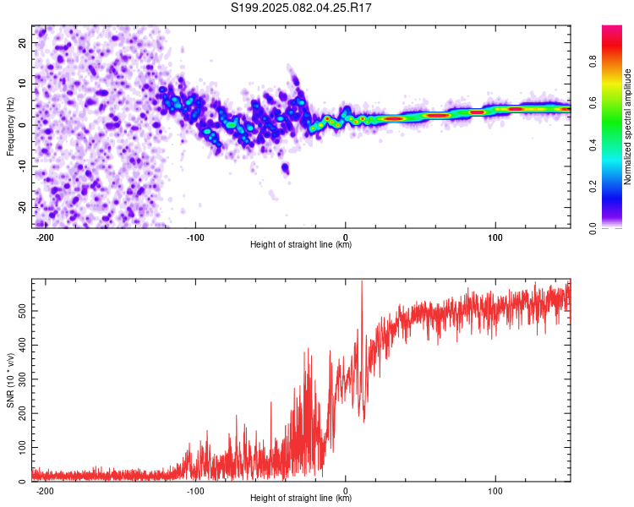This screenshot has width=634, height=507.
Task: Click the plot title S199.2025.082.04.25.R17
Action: (x=301, y=8)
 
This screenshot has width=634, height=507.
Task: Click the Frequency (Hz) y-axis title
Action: (x=10, y=127)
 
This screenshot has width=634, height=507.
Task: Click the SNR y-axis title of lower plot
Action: (x=10, y=380)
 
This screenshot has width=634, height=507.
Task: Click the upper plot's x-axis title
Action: (x=301, y=244)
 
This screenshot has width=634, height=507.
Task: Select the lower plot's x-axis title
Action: (x=301, y=498)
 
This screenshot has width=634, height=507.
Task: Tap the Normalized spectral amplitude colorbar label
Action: (x=627, y=127)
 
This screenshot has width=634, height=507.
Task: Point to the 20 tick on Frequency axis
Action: (x=23, y=42)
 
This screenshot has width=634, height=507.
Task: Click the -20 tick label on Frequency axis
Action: (x=23, y=207)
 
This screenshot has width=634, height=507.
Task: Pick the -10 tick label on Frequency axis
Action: (x=23, y=166)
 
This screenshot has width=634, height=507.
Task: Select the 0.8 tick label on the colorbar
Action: (x=593, y=62)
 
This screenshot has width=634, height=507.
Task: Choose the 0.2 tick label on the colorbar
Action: (x=593, y=187)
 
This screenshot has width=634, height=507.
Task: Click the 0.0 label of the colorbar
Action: (x=593, y=228)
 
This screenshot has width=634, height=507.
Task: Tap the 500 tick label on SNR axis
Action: (x=23, y=311)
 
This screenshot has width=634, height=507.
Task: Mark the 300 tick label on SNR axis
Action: (x=23, y=379)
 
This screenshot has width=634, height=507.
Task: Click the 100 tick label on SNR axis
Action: (x=23, y=448)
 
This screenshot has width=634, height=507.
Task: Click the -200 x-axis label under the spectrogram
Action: (x=45, y=237)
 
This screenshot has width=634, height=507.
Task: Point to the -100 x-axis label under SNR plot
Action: (x=195, y=491)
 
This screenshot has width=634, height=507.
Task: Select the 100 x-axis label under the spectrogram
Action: (x=495, y=237)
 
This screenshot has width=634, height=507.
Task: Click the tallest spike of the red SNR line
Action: (x=362, y=281)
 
